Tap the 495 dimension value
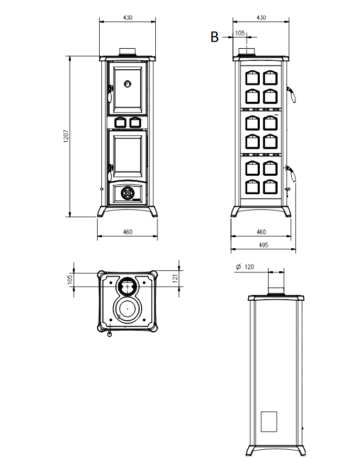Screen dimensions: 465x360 (263, 245)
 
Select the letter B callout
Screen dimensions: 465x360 (214, 37)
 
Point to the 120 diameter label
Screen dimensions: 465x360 (249, 267)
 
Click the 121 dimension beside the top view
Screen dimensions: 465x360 (176, 277)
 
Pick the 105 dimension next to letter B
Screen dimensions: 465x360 (240, 33)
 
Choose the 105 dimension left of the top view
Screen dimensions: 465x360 (70, 279)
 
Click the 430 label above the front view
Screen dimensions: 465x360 (128, 17)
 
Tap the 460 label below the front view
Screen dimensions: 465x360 (128, 231)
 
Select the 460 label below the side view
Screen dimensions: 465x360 (261, 231)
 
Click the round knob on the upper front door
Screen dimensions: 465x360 (128, 83)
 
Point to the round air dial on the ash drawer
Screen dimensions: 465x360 (127, 193)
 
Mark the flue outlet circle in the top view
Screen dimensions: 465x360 (126, 287)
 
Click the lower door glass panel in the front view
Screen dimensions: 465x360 (127, 156)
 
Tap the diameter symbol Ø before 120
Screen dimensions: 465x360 (238, 267)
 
